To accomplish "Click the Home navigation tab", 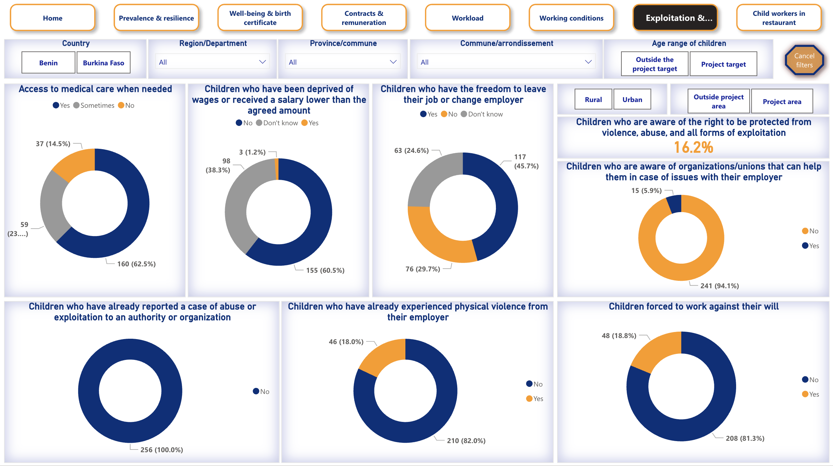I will tap(52, 18).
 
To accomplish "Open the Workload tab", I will tap(467, 18).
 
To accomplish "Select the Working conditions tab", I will tap(571, 18).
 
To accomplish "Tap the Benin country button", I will tap(48, 63).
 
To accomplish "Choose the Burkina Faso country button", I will tap(104, 63).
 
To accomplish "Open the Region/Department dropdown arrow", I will tap(262, 62).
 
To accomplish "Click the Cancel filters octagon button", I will tap(804, 61).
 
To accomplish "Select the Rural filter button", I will tap(593, 100).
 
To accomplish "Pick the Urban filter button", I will tap(632, 100).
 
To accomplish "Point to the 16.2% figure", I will tap(693, 147).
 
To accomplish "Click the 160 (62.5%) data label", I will tap(136, 264).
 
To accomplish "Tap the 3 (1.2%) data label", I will tap(252, 152).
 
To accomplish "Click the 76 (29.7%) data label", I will tap(423, 269).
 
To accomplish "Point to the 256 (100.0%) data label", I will tap(161, 450).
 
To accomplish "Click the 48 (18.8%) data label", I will tap(619, 336).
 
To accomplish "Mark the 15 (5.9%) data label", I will tap(646, 191).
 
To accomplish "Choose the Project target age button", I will tap(723, 64).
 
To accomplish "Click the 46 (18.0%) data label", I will tap(346, 342).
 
